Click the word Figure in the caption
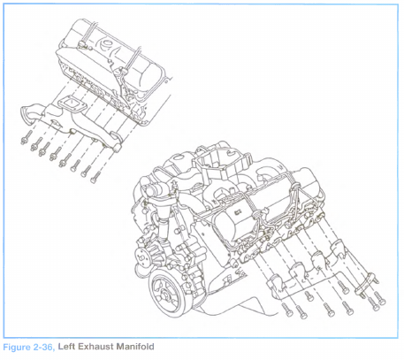16,347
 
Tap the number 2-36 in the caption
43,347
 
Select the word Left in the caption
66,346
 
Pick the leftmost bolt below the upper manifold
25,138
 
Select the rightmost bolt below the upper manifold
95,177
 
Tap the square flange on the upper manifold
69,103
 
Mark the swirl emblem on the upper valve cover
106,45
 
